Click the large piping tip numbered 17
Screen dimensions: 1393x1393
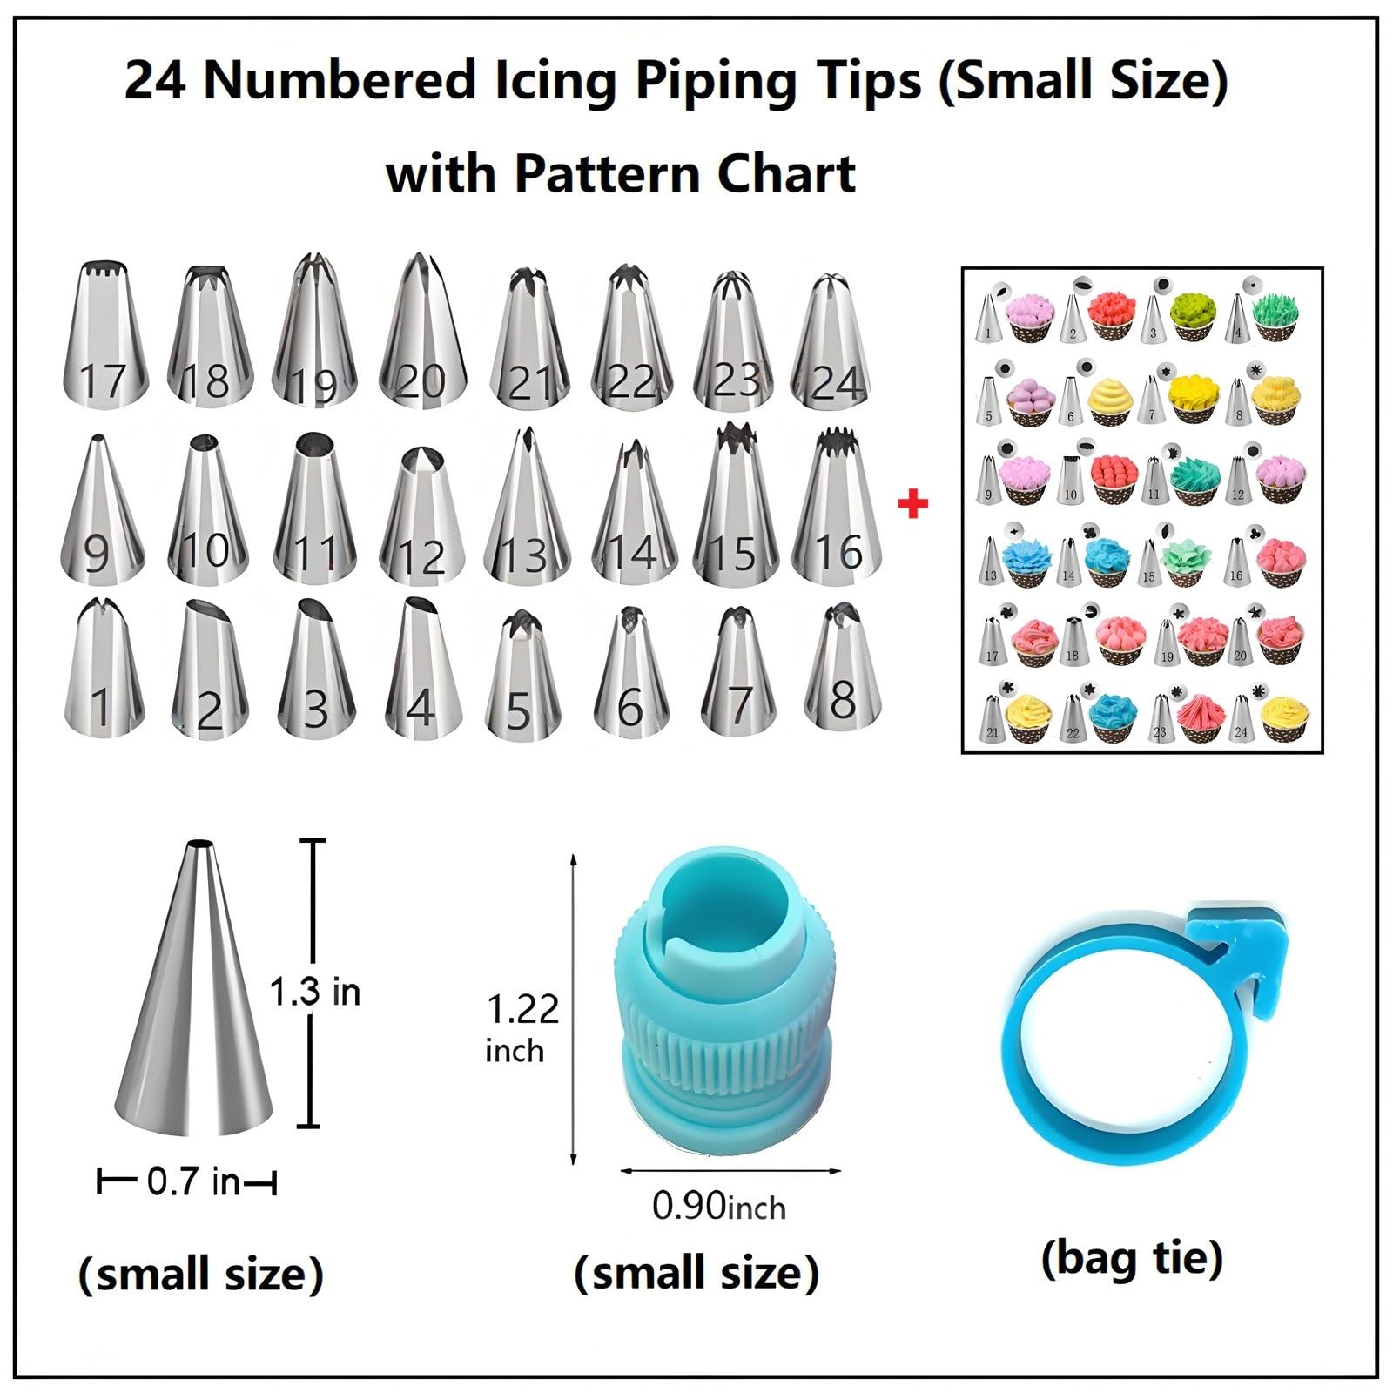pos(104,334)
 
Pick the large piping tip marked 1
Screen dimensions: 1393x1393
pos(104,669)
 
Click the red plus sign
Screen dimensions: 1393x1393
pos(912,504)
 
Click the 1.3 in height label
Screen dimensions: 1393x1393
pos(314,992)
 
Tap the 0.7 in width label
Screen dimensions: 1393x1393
pos(192,1181)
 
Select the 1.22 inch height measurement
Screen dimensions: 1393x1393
pos(522,1027)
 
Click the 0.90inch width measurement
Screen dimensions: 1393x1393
pos(719,1206)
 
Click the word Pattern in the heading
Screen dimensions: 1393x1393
pos(608,172)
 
